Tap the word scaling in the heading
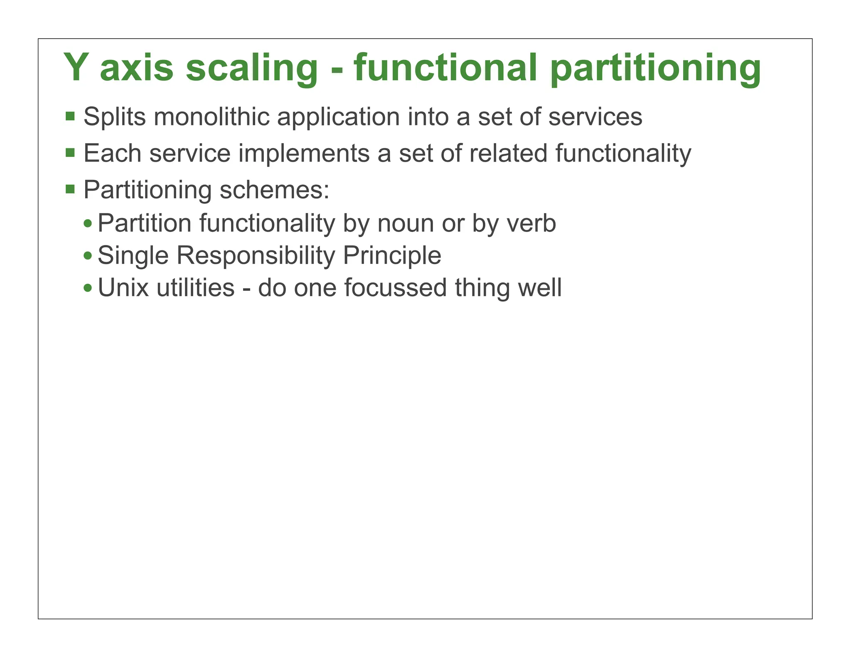click(x=251, y=69)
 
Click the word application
click(x=338, y=118)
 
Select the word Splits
click(x=115, y=118)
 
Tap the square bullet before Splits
click(x=70, y=116)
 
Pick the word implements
click(x=304, y=154)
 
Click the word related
click(x=508, y=153)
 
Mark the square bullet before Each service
click(x=70, y=152)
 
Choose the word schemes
click(x=274, y=190)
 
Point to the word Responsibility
click(x=256, y=256)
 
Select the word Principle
click(x=392, y=256)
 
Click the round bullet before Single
click(x=88, y=255)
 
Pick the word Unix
click(x=123, y=288)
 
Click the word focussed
click(x=395, y=288)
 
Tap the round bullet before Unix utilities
click(x=88, y=288)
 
